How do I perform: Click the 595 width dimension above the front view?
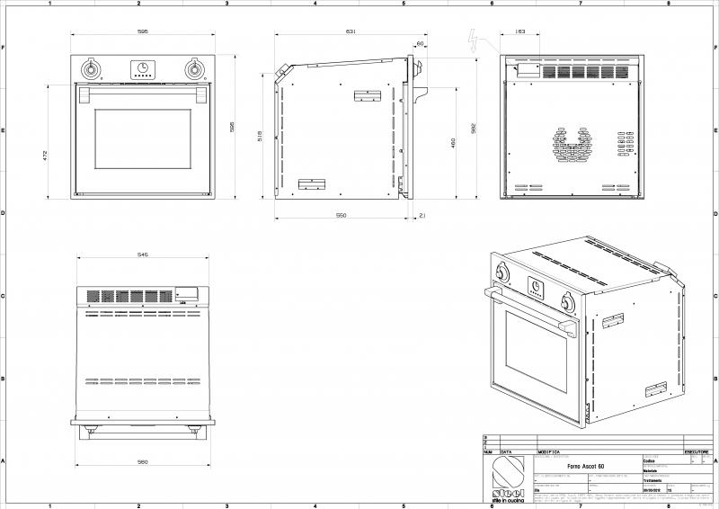143,31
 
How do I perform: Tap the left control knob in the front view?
90,69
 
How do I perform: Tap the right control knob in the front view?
194,69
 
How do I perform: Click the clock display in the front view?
142,67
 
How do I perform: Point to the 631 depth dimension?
351,31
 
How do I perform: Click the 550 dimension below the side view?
342,216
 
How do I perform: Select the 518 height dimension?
261,136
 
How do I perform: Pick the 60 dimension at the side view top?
421,42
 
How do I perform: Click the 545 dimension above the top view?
143,254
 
